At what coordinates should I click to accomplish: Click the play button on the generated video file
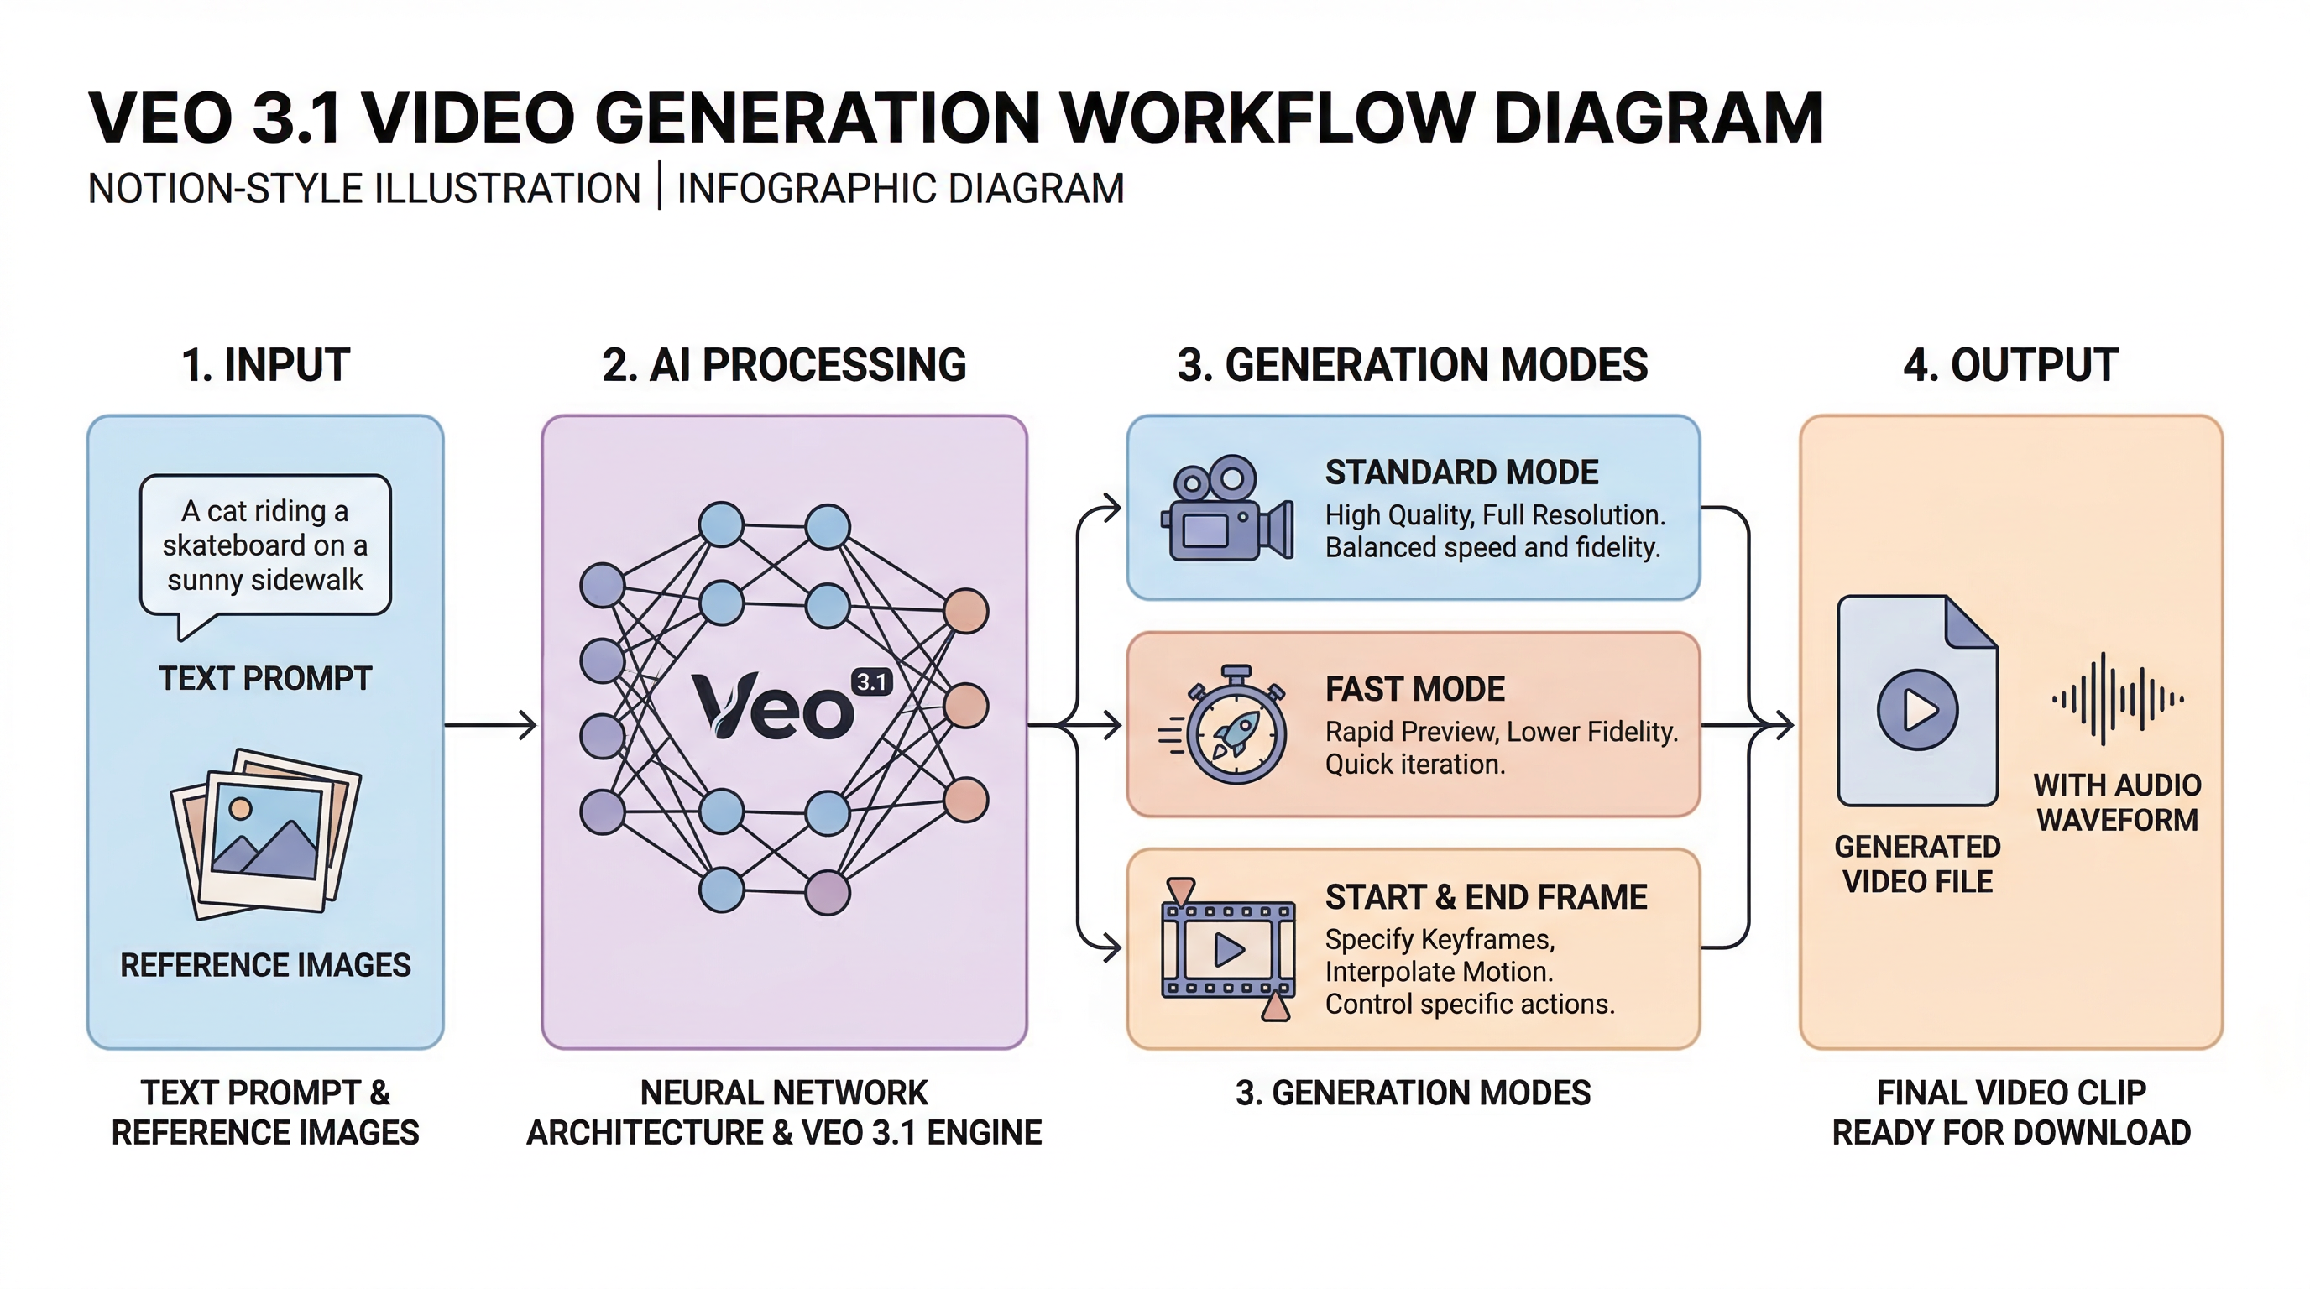pyautogui.click(x=1917, y=710)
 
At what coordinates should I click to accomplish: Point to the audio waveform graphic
pyautogui.click(x=2117, y=699)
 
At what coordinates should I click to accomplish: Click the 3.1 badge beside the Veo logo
pyautogui.click(x=871, y=682)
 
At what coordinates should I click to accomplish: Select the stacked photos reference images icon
pyautogui.click(x=265, y=833)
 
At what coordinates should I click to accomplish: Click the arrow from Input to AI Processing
pyautogui.click(x=490, y=724)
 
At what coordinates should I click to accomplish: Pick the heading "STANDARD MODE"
pyautogui.click(x=1461, y=472)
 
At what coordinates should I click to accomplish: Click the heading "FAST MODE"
pyautogui.click(x=1415, y=689)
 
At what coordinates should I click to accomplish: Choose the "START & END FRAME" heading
pyautogui.click(x=1486, y=897)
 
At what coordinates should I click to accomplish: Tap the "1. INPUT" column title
pyautogui.click(x=265, y=365)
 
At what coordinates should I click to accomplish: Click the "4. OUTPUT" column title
pyautogui.click(x=2010, y=365)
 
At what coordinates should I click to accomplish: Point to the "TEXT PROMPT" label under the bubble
pyautogui.click(x=265, y=679)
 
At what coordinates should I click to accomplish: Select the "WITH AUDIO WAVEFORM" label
pyautogui.click(x=2117, y=802)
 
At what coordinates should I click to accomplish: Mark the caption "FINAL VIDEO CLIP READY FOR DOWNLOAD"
pyautogui.click(x=2010, y=1113)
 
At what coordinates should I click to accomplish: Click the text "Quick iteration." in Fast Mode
pyautogui.click(x=1415, y=765)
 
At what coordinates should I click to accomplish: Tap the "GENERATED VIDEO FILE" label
pyautogui.click(x=1917, y=864)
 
